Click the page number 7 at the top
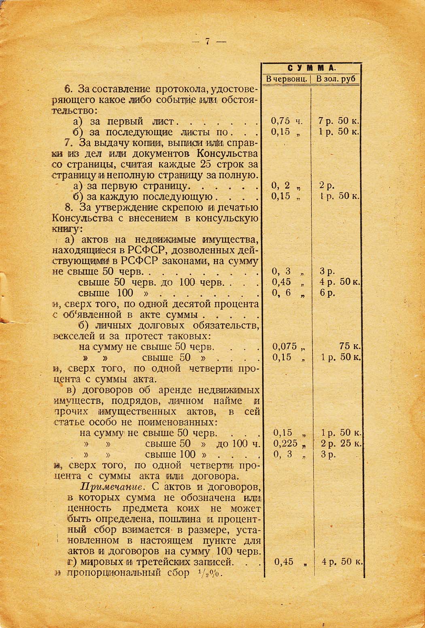point(207,42)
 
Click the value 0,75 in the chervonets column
point(281,121)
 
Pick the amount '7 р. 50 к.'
point(339,121)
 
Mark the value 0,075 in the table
point(285,346)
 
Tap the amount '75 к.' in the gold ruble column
point(350,346)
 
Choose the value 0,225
point(285,444)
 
